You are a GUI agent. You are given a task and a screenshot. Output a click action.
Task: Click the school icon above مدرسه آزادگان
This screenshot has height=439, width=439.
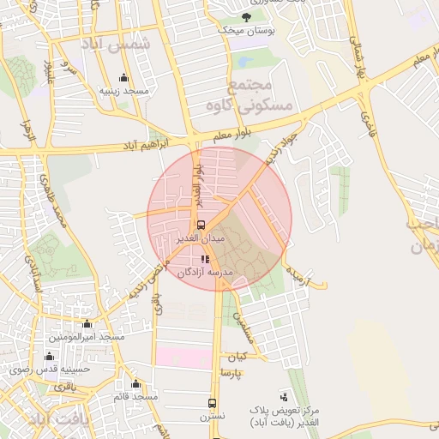click(x=205, y=259)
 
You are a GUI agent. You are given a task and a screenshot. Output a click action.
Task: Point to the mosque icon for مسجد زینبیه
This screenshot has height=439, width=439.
click(x=123, y=78)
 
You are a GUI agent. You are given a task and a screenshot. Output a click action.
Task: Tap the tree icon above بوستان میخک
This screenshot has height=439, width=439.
click(x=247, y=16)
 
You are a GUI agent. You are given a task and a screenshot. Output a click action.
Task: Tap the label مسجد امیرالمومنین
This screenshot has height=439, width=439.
click(x=86, y=337)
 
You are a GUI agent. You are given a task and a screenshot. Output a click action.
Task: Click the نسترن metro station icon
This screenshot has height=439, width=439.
click(x=212, y=403)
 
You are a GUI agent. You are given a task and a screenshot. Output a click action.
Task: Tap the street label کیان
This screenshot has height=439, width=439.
click(x=236, y=356)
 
